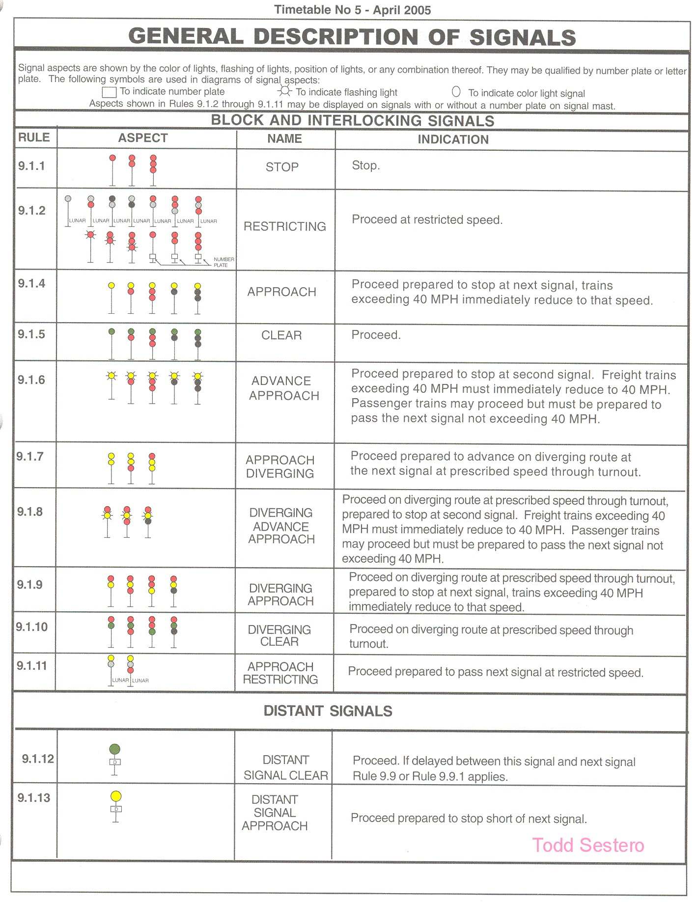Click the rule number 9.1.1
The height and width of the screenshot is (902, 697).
click(31, 166)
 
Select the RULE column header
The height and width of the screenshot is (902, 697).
click(34, 137)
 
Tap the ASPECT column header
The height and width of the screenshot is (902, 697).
click(143, 138)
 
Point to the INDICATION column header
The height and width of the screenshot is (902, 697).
click(453, 139)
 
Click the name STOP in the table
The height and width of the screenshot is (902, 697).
click(282, 167)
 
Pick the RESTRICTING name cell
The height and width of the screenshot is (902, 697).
click(285, 226)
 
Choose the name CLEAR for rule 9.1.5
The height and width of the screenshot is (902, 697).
click(281, 335)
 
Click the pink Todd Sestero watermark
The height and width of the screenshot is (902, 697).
click(588, 845)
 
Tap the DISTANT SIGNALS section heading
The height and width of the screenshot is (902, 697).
click(328, 711)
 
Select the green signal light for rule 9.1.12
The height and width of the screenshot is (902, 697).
click(114, 749)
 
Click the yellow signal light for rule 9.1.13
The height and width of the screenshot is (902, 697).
click(116, 796)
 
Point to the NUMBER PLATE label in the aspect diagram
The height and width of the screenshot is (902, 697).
click(223, 262)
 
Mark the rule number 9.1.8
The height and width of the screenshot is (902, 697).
click(30, 512)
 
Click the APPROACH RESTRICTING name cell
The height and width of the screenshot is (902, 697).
click(280, 673)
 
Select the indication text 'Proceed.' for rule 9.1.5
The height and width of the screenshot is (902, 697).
click(376, 335)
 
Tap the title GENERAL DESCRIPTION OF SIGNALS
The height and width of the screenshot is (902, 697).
click(352, 37)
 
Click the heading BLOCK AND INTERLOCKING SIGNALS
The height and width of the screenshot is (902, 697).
click(352, 121)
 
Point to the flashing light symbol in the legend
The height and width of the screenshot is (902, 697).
click(285, 91)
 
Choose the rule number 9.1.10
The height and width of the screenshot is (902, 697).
click(32, 627)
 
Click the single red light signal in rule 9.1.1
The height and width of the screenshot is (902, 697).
click(112, 158)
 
